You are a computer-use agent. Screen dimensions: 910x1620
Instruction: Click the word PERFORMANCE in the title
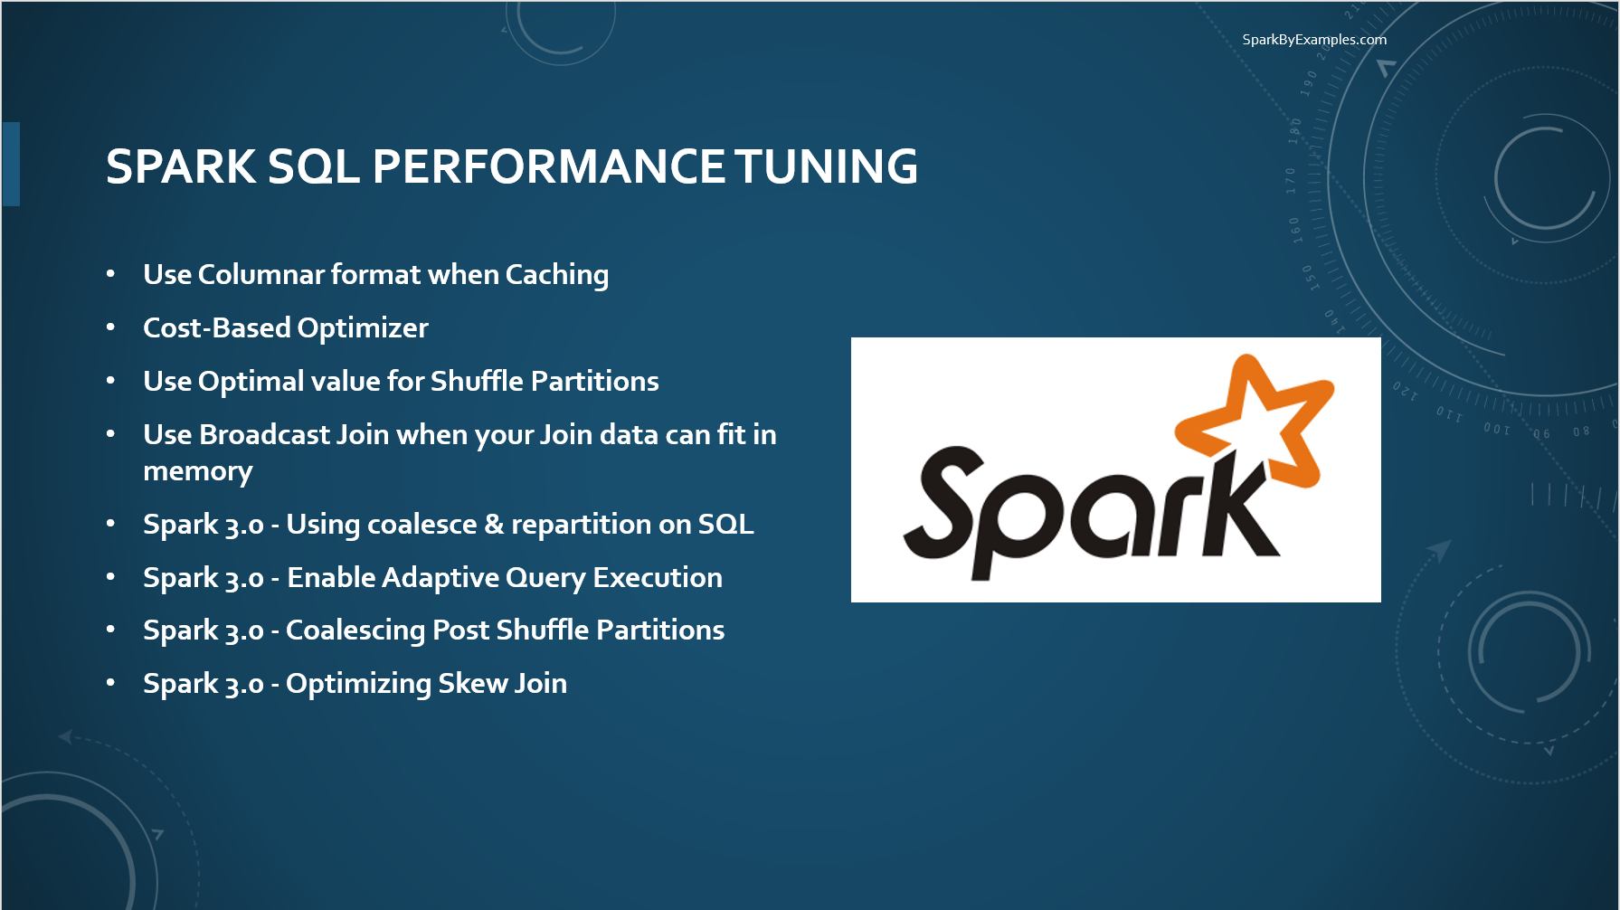[x=548, y=167]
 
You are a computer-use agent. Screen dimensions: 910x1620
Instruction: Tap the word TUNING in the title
[x=826, y=167]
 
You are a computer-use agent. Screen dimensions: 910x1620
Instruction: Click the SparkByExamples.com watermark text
[x=1313, y=40]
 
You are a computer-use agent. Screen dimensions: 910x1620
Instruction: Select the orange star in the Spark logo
[x=1258, y=417]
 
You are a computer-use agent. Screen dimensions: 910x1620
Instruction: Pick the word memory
[x=197, y=471]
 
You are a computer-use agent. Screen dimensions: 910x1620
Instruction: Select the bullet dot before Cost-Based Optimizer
[x=110, y=327]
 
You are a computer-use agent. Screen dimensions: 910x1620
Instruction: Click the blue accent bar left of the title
[x=11, y=164]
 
